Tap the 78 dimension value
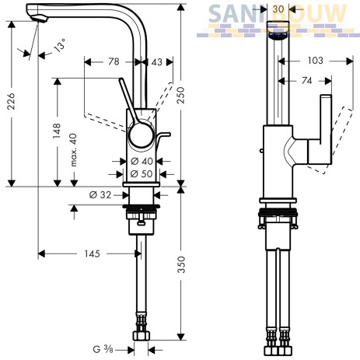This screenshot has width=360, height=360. click(114, 61)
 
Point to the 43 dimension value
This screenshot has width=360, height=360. click(156, 62)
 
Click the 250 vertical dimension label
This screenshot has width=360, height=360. click(180, 96)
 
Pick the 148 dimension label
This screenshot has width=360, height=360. click(57, 131)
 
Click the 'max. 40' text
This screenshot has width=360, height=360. click(74, 150)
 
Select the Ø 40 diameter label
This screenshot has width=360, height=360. click(142, 162)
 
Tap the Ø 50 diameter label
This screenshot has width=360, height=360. click(142, 173)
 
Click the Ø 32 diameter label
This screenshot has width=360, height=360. click(100, 194)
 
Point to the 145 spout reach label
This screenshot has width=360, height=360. click(92, 253)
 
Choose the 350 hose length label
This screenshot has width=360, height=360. click(181, 264)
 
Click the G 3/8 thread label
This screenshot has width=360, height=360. click(103, 350)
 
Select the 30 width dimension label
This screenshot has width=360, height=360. click(278, 9)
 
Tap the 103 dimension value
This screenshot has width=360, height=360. click(316, 61)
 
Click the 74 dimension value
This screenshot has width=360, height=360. click(306, 81)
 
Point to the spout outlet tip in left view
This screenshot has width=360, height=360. click(40, 19)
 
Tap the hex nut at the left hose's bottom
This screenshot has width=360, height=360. click(142, 336)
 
